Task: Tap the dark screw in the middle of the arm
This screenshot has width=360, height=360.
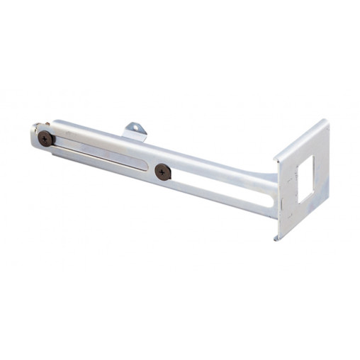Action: pos(163,171)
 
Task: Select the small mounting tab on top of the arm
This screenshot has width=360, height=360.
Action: pos(134,131)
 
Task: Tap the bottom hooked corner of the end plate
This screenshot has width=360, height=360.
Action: pos(276,237)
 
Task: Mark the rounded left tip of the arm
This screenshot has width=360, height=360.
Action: pos(33,136)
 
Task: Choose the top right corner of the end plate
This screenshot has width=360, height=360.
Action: pos(326,121)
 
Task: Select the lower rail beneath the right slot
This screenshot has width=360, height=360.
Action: pos(220,203)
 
